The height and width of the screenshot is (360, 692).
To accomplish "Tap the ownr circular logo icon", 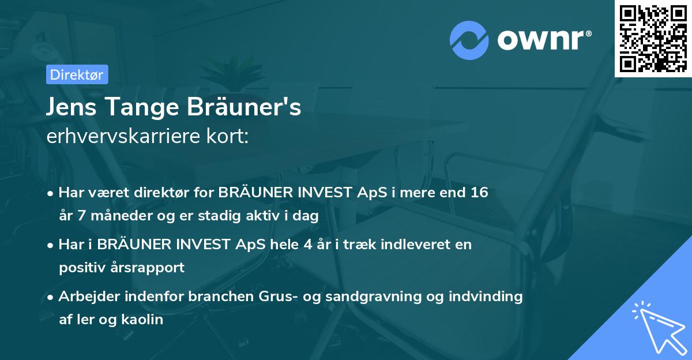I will (x=469, y=40).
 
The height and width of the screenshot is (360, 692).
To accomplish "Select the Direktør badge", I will (x=77, y=74).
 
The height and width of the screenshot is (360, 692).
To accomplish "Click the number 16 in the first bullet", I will (x=479, y=192).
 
